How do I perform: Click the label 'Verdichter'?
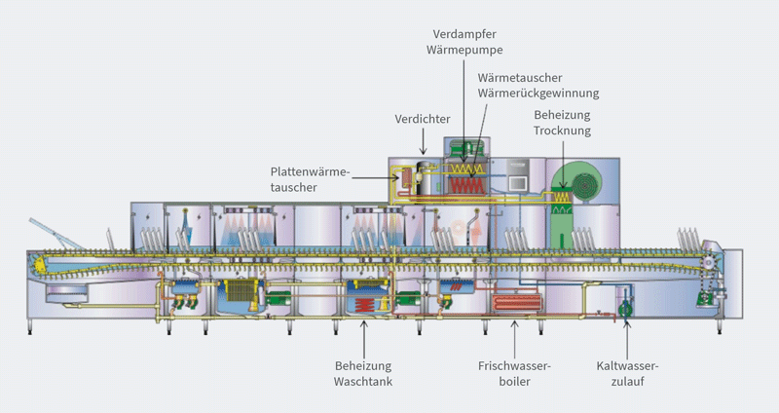click(x=422, y=119)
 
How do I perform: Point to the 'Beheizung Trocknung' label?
click(x=562, y=122)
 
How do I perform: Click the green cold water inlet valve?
click(x=624, y=310)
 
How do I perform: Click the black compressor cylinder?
click(x=426, y=178)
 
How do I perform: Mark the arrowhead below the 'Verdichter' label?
click(x=423, y=152)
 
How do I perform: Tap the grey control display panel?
click(x=517, y=180)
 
